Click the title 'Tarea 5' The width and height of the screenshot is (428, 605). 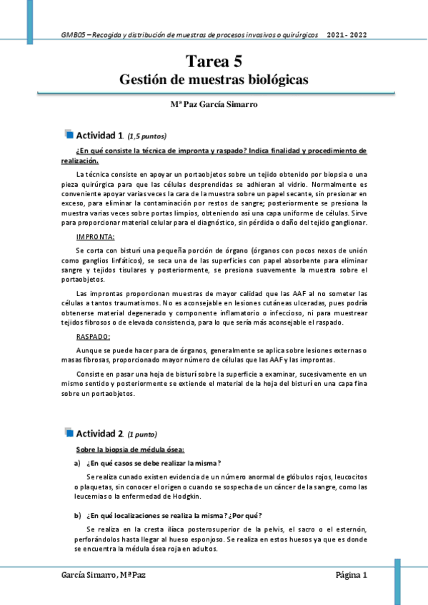click(214, 62)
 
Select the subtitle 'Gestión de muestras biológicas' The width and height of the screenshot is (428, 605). click(214, 80)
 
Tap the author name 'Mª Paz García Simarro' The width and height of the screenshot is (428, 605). click(214, 104)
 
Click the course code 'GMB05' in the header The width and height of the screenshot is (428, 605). click(73, 34)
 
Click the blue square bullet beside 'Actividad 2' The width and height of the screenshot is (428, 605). click(69, 432)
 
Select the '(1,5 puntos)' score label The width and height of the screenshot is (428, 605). click(147, 136)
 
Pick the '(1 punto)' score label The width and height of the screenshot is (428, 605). click(142, 434)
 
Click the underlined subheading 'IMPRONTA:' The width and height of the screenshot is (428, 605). click(95, 236)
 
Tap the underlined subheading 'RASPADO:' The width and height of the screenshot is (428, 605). click(93, 336)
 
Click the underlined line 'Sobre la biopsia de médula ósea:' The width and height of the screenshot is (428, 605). click(130, 449)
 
